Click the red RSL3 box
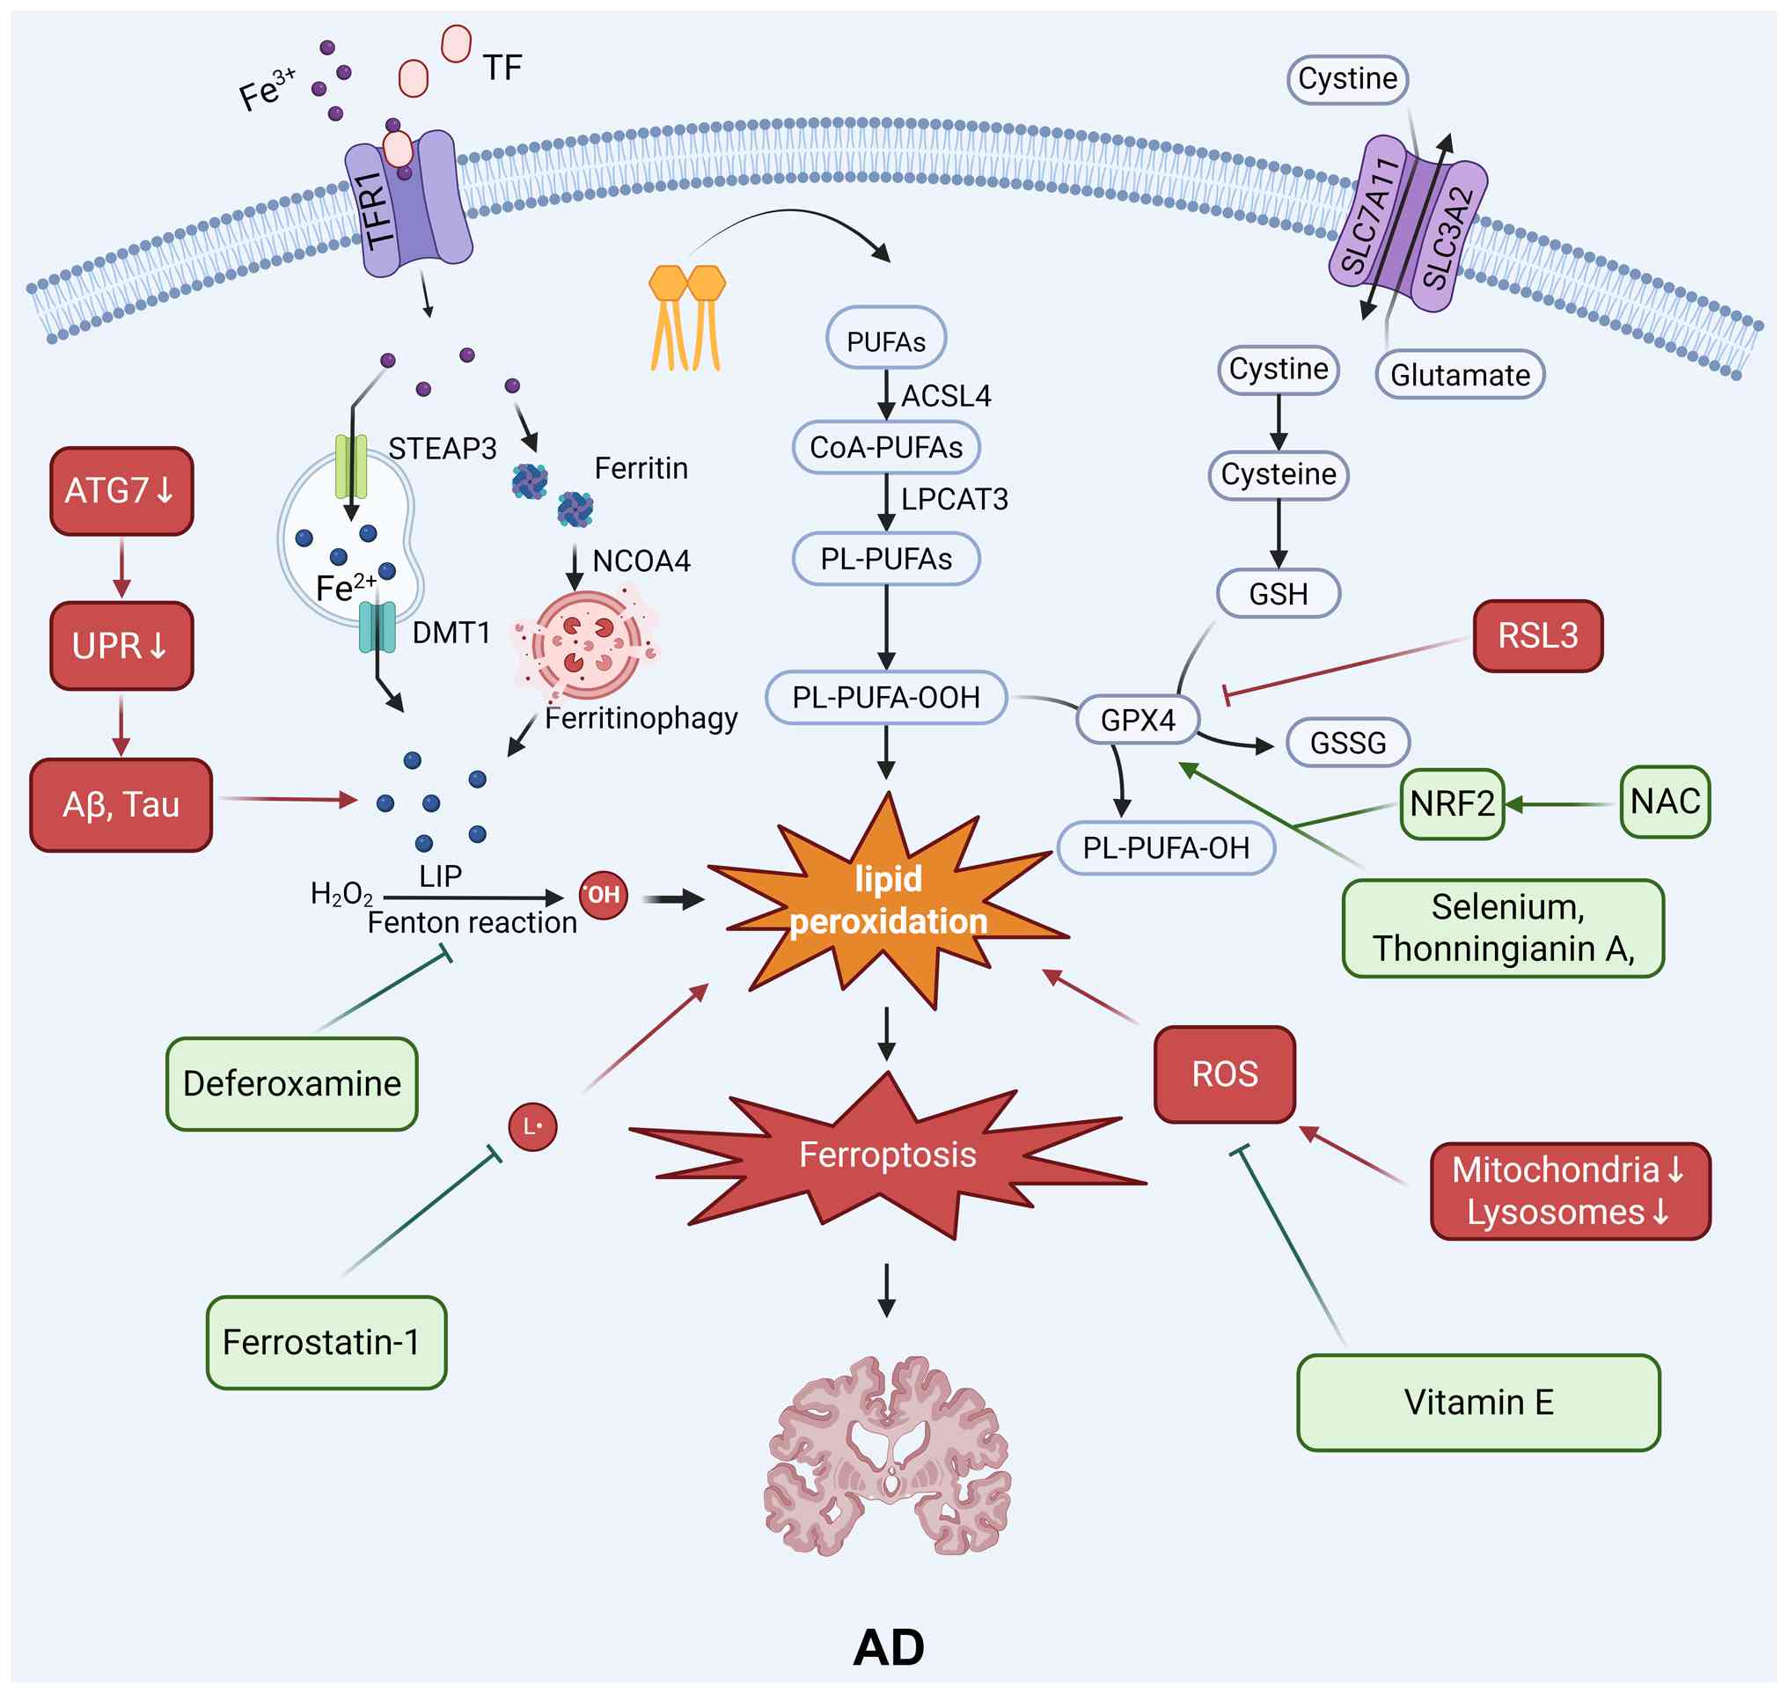click(1537, 636)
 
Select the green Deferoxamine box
click(291, 1084)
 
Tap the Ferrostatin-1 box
click(326, 1343)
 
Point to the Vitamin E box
click(1477, 1403)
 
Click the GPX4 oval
click(1137, 720)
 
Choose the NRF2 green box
click(1451, 803)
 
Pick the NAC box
click(1664, 802)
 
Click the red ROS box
click(1224, 1074)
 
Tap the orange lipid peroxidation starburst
click(888, 901)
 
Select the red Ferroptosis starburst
click(888, 1155)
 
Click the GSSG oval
click(1346, 743)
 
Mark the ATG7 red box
click(121, 491)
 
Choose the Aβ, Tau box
click(121, 804)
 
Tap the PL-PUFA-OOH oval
click(885, 698)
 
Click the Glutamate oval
click(1460, 375)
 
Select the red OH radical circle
click(603, 895)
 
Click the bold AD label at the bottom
click(888, 1648)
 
